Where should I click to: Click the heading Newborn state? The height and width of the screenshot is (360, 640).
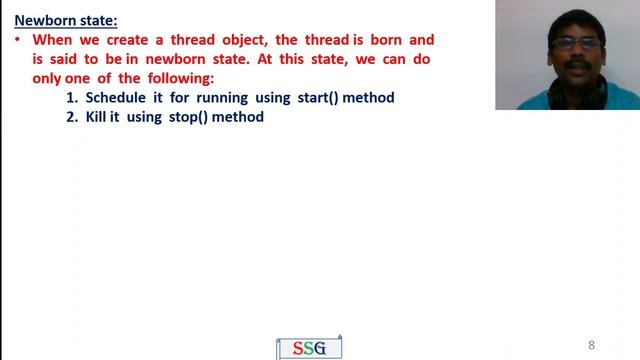[66, 19]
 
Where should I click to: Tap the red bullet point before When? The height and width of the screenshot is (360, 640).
[19, 40]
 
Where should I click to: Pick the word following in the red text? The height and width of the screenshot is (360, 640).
[180, 78]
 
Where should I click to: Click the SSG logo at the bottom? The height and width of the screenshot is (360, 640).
[308, 348]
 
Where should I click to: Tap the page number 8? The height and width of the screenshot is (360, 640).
[592, 345]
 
